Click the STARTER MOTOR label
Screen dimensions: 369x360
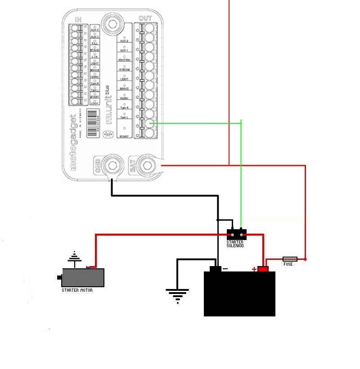(77, 290)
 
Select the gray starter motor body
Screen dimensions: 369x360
(83, 278)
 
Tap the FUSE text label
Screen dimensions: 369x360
(288, 264)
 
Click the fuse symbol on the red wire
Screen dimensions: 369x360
(289, 259)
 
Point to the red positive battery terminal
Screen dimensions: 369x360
(263, 269)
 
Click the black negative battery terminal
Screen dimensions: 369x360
(215, 269)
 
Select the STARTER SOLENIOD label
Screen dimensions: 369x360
(235, 244)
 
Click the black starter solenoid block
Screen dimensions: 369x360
(237, 235)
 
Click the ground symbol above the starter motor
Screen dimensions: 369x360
(75, 258)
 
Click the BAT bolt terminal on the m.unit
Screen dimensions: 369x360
(146, 165)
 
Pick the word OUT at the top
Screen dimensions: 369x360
(145, 18)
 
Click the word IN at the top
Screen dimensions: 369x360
(78, 19)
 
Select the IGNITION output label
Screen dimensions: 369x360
(125, 60)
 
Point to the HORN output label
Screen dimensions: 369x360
(124, 98)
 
